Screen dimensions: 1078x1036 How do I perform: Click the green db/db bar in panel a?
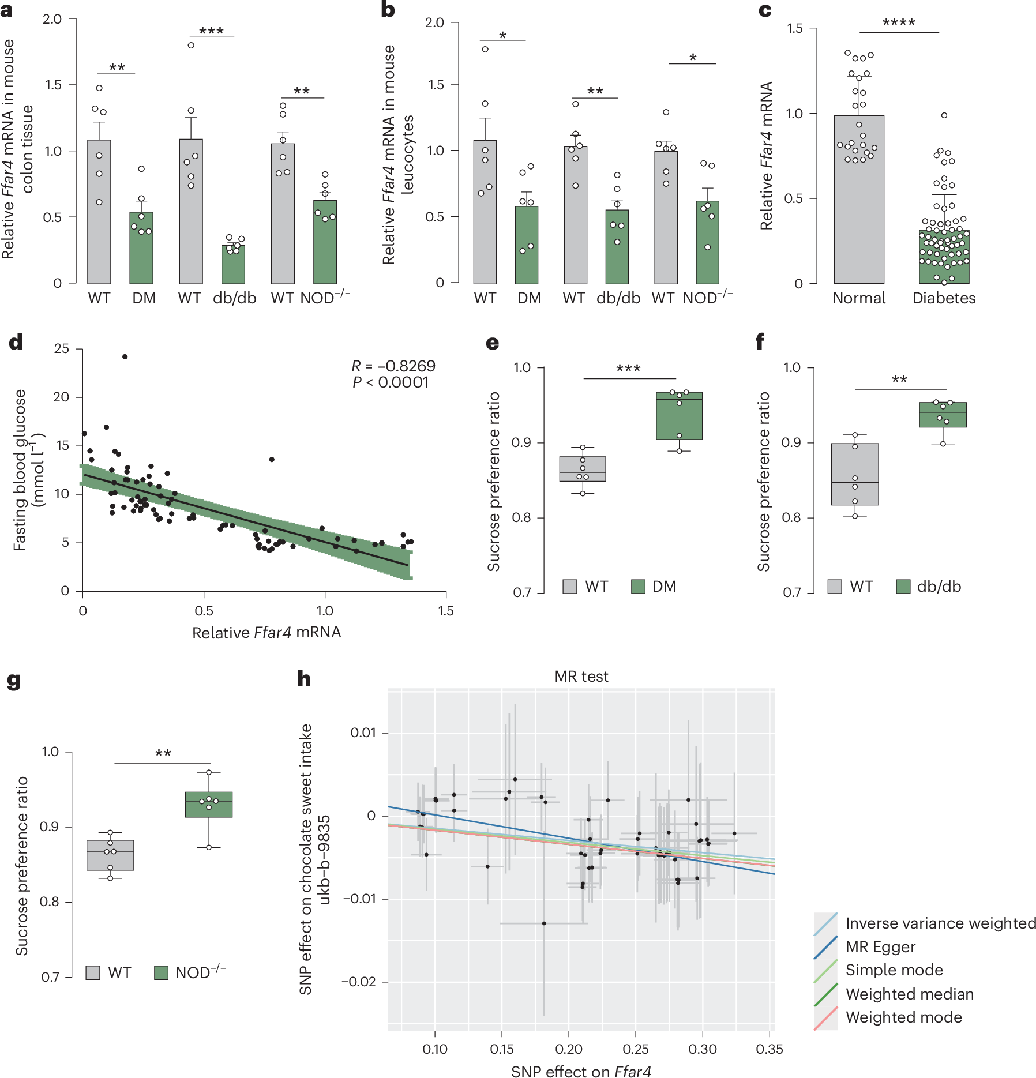click(x=233, y=265)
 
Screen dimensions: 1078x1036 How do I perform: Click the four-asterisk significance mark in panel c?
click(x=899, y=23)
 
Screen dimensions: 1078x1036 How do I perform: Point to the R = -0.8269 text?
click(x=393, y=366)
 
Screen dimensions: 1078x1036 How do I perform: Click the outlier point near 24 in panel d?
click(x=125, y=356)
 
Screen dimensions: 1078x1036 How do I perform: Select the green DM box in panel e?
click(x=679, y=416)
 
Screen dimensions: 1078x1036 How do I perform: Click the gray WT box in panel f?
click(x=855, y=474)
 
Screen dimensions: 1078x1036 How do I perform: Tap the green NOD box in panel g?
click(x=209, y=804)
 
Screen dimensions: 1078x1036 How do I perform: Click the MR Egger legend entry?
click(x=880, y=946)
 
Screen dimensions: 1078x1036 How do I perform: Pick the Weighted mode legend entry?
click(x=903, y=1017)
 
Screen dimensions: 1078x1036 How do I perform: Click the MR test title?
click(x=581, y=677)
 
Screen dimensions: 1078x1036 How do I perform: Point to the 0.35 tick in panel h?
click(x=770, y=1049)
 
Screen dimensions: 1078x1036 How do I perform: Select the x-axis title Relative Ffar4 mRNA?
click(x=266, y=633)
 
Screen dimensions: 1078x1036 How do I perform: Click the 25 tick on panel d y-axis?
click(x=61, y=348)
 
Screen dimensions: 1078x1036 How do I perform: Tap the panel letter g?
click(x=14, y=681)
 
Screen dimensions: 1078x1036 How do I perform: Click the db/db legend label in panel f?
click(x=939, y=587)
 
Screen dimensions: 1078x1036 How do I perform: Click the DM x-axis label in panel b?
click(x=530, y=298)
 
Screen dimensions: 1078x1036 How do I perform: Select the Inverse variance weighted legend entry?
click(x=940, y=923)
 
